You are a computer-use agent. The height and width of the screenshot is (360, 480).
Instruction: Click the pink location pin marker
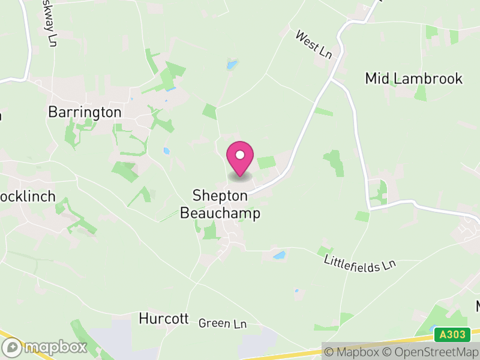coord(240,159)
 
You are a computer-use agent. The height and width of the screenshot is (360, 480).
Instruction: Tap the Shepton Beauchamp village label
coord(220,204)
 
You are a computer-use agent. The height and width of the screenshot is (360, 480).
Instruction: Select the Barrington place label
coord(85,112)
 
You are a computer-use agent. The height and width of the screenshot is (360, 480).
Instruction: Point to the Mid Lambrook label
coord(414,79)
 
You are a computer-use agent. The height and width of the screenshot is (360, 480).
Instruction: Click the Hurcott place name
coord(164,318)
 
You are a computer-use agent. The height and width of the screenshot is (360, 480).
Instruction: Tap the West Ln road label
coord(313,45)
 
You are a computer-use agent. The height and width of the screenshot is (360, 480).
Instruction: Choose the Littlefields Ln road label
coord(360,263)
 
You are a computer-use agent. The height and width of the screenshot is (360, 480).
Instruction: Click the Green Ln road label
coord(223,323)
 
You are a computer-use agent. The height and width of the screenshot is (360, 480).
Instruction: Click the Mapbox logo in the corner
coord(44,347)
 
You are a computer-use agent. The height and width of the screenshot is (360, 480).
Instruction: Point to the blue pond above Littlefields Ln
coord(279,255)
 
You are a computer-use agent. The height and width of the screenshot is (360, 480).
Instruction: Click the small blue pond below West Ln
coord(232,64)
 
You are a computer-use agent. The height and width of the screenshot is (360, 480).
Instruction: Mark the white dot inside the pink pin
coord(240,155)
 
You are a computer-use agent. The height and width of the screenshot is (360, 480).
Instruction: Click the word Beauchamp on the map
coord(220,213)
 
